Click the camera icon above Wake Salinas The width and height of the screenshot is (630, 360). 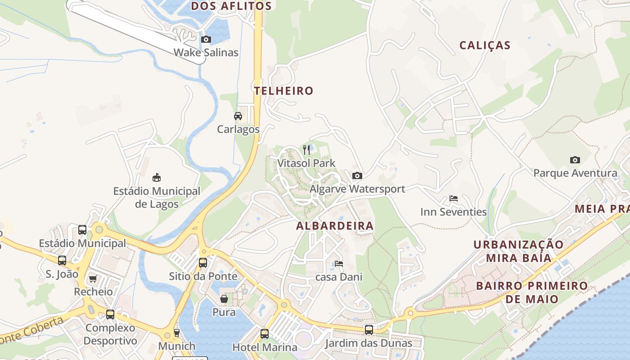(x=206, y=40)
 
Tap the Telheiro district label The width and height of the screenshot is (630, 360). (x=283, y=91)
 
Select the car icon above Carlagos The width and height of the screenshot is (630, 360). (x=238, y=116)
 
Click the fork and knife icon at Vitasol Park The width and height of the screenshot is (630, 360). (x=306, y=150)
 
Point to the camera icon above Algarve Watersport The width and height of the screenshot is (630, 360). (x=357, y=175)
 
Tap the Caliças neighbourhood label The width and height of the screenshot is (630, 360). (x=485, y=45)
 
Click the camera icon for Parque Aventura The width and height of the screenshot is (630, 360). (x=575, y=160)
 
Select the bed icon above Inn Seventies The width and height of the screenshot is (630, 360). (x=454, y=198)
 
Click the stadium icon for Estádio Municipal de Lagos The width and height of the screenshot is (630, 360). (x=157, y=177)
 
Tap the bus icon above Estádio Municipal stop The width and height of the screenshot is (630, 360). (x=82, y=230)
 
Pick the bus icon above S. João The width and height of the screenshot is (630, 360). (x=62, y=261)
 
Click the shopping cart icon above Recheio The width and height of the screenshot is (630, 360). (x=93, y=279)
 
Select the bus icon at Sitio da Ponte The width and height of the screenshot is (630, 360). (x=203, y=263)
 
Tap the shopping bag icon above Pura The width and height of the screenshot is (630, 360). (x=224, y=299)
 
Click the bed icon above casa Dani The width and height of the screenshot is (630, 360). (x=339, y=264)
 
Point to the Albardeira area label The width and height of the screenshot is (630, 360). (x=335, y=226)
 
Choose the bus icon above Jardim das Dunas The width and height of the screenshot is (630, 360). (x=369, y=330)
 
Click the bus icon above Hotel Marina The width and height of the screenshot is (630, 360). (x=265, y=334)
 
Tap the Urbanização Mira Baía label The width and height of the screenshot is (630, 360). (x=518, y=251)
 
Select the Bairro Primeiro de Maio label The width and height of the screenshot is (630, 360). (x=532, y=292)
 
